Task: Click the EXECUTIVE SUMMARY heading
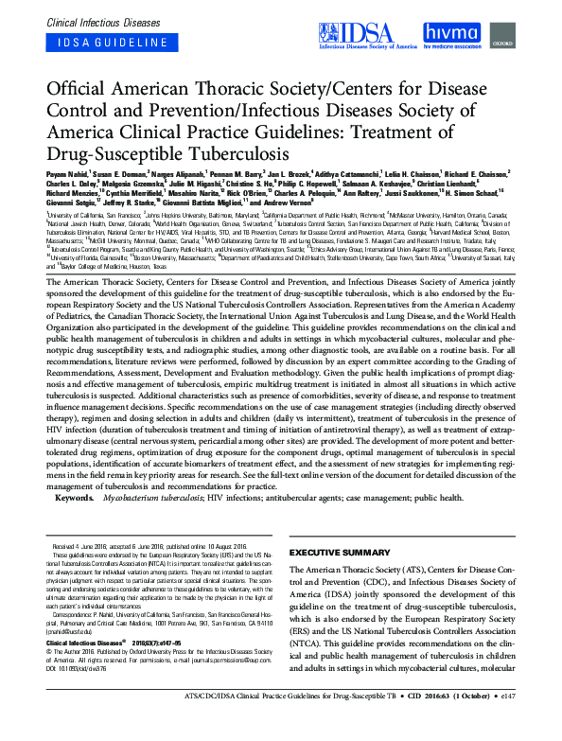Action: [x=340, y=552]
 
